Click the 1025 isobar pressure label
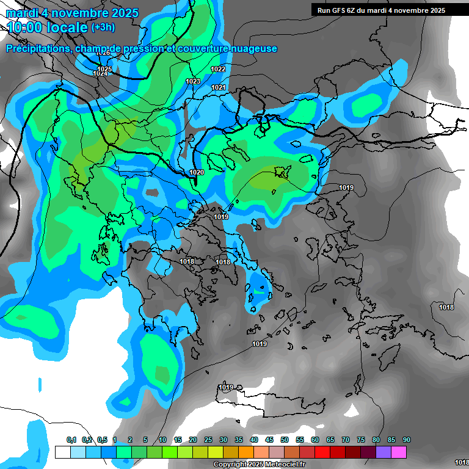(x=105, y=69)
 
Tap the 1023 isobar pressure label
(x=193, y=81)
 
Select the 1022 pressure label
(x=218, y=69)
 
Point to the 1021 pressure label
(x=219, y=88)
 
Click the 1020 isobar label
(x=197, y=172)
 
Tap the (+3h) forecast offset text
(x=103, y=27)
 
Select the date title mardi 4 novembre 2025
(x=72, y=13)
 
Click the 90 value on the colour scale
(x=407, y=440)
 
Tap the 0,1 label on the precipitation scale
(x=71, y=440)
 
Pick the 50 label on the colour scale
(x=285, y=440)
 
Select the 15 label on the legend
(x=178, y=440)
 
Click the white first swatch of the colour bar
(x=62, y=452)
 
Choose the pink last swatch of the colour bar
(x=399, y=452)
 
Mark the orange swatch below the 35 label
(x=246, y=452)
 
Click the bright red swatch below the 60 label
(x=322, y=452)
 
